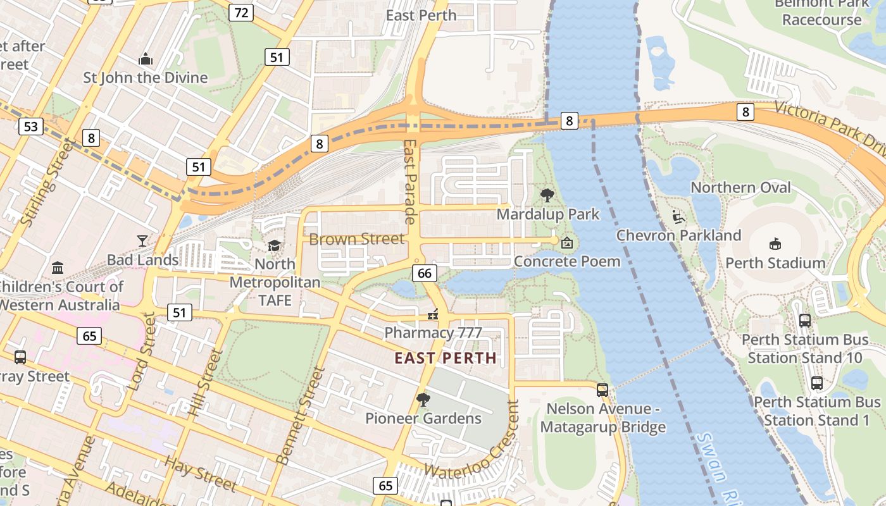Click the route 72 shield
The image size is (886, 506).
240,12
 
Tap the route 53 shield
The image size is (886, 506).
30,126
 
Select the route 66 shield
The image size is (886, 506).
424,273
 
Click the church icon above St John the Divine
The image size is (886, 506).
146,59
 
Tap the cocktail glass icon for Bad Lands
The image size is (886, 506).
142,241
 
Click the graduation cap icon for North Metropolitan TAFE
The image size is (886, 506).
274,245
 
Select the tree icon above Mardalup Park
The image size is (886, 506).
547,195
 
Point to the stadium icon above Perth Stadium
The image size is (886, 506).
775,244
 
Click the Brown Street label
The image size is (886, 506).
356,239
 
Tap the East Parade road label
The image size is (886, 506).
409,182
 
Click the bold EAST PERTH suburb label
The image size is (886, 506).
446,358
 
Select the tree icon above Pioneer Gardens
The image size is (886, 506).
423,399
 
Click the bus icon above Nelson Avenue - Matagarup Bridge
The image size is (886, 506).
602,390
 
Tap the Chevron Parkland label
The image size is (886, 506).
678,235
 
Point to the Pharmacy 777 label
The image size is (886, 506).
433,333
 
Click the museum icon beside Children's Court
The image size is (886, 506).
58,268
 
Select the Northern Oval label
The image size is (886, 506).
740,188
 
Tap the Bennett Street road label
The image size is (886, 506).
301,414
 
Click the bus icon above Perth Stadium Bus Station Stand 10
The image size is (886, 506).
804,320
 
